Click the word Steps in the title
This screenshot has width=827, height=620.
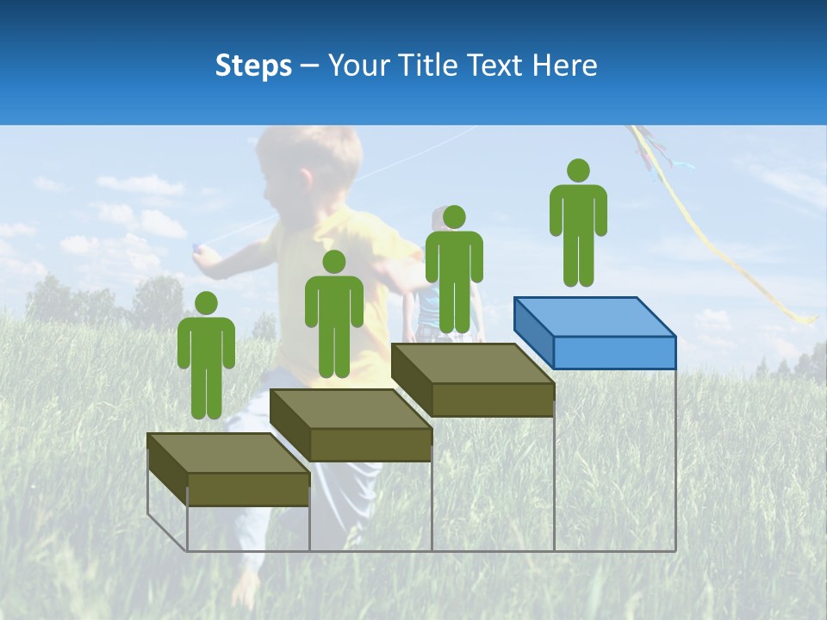tap(253, 65)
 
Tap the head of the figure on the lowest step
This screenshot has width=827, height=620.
tap(206, 302)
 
